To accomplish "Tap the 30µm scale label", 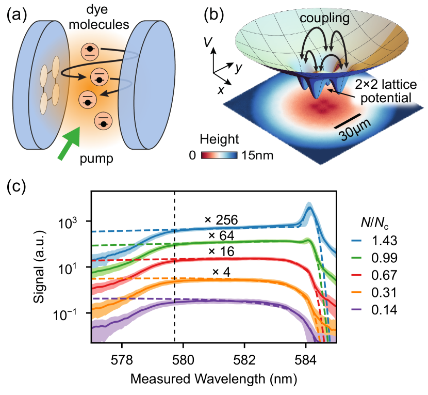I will tap(352, 135).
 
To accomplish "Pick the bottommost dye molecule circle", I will tap(104, 121).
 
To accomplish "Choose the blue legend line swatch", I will tap(356, 241).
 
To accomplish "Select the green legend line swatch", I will tap(356, 258).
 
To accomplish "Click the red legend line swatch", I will tap(356, 275).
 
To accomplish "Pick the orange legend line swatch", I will tap(356, 292).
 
